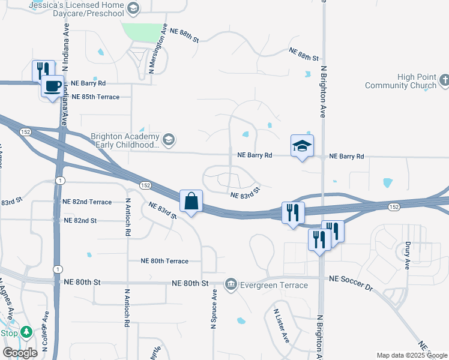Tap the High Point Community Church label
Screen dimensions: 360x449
(x=400, y=81)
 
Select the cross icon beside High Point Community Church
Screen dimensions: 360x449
(x=444, y=79)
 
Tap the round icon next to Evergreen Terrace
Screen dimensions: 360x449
(x=231, y=284)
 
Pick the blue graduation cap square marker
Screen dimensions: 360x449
(x=302, y=145)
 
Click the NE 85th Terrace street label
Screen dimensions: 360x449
(x=95, y=97)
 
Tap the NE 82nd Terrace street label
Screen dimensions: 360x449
(x=87, y=202)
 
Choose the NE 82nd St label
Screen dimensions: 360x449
(x=80, y=221)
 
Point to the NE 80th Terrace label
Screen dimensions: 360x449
(x=164, y=261)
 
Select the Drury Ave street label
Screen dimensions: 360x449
(x=407, y=256)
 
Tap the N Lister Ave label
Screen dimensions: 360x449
(x=282, y=327)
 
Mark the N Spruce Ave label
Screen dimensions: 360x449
(x=213, y=309)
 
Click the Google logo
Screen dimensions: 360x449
(x=20, y=353)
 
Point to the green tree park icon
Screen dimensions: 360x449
(x=26, y=332)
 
